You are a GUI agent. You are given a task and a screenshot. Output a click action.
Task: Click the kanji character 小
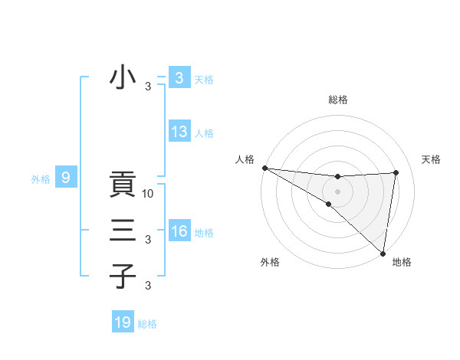click(123, 78)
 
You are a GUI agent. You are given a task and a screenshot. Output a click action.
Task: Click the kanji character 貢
click(123, 185)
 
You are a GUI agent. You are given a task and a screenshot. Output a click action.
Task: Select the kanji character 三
click(123, 230)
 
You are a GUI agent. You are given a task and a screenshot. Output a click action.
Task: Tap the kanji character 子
click(123, 276)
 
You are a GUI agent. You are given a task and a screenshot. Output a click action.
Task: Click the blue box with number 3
click(179, 78)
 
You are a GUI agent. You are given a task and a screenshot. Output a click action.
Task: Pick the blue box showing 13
click(179, 132)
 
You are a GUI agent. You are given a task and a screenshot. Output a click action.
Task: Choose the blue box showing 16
click(179, 231)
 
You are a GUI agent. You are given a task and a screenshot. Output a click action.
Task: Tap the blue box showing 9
click(66, 178)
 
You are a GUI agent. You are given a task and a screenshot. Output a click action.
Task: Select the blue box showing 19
click(123, 322)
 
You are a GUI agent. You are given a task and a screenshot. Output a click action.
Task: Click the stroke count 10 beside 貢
click(149, 193)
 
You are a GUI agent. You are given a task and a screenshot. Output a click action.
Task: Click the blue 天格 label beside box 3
click(204, 80)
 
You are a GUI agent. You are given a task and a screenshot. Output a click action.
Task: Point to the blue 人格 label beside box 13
click(204, 133)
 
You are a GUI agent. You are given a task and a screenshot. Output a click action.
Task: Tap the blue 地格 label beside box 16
click(204, 233)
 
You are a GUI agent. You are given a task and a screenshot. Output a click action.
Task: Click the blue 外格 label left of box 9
click(41, 180)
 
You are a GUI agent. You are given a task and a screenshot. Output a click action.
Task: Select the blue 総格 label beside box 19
click(147, 324)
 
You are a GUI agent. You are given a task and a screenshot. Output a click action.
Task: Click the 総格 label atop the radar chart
click(338, 100)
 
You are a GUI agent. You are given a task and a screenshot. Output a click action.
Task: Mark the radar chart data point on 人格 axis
click(264, 168)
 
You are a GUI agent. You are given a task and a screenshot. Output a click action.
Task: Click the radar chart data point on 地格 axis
click(383, 252)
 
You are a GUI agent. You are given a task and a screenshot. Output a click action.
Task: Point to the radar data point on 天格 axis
click(396, 172)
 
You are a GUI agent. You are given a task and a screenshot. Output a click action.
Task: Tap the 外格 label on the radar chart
click(269, 263)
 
